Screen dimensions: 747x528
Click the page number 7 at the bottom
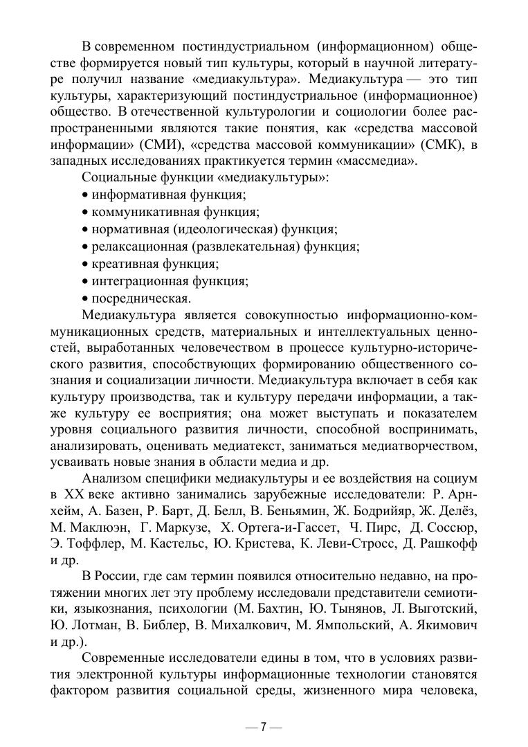coord(264,727)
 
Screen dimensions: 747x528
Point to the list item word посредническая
coord(141,298)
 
